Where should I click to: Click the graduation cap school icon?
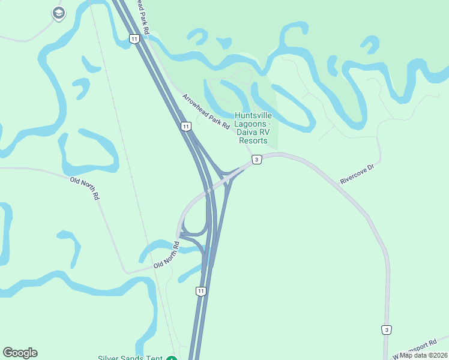58,13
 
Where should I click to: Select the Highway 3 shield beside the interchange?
256,160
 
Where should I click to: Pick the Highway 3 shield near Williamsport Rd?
387,329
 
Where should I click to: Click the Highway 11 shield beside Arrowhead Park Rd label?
186,127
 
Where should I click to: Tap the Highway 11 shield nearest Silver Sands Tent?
200,291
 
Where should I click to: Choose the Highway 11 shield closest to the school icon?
134,39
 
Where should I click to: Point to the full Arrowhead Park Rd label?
206,111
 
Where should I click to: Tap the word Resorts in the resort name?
253,140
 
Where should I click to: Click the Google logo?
20,353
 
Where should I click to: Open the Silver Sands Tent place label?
130,358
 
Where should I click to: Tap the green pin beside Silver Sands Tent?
172,358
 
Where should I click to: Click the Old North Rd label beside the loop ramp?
166,256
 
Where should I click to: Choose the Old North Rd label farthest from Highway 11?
85,188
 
